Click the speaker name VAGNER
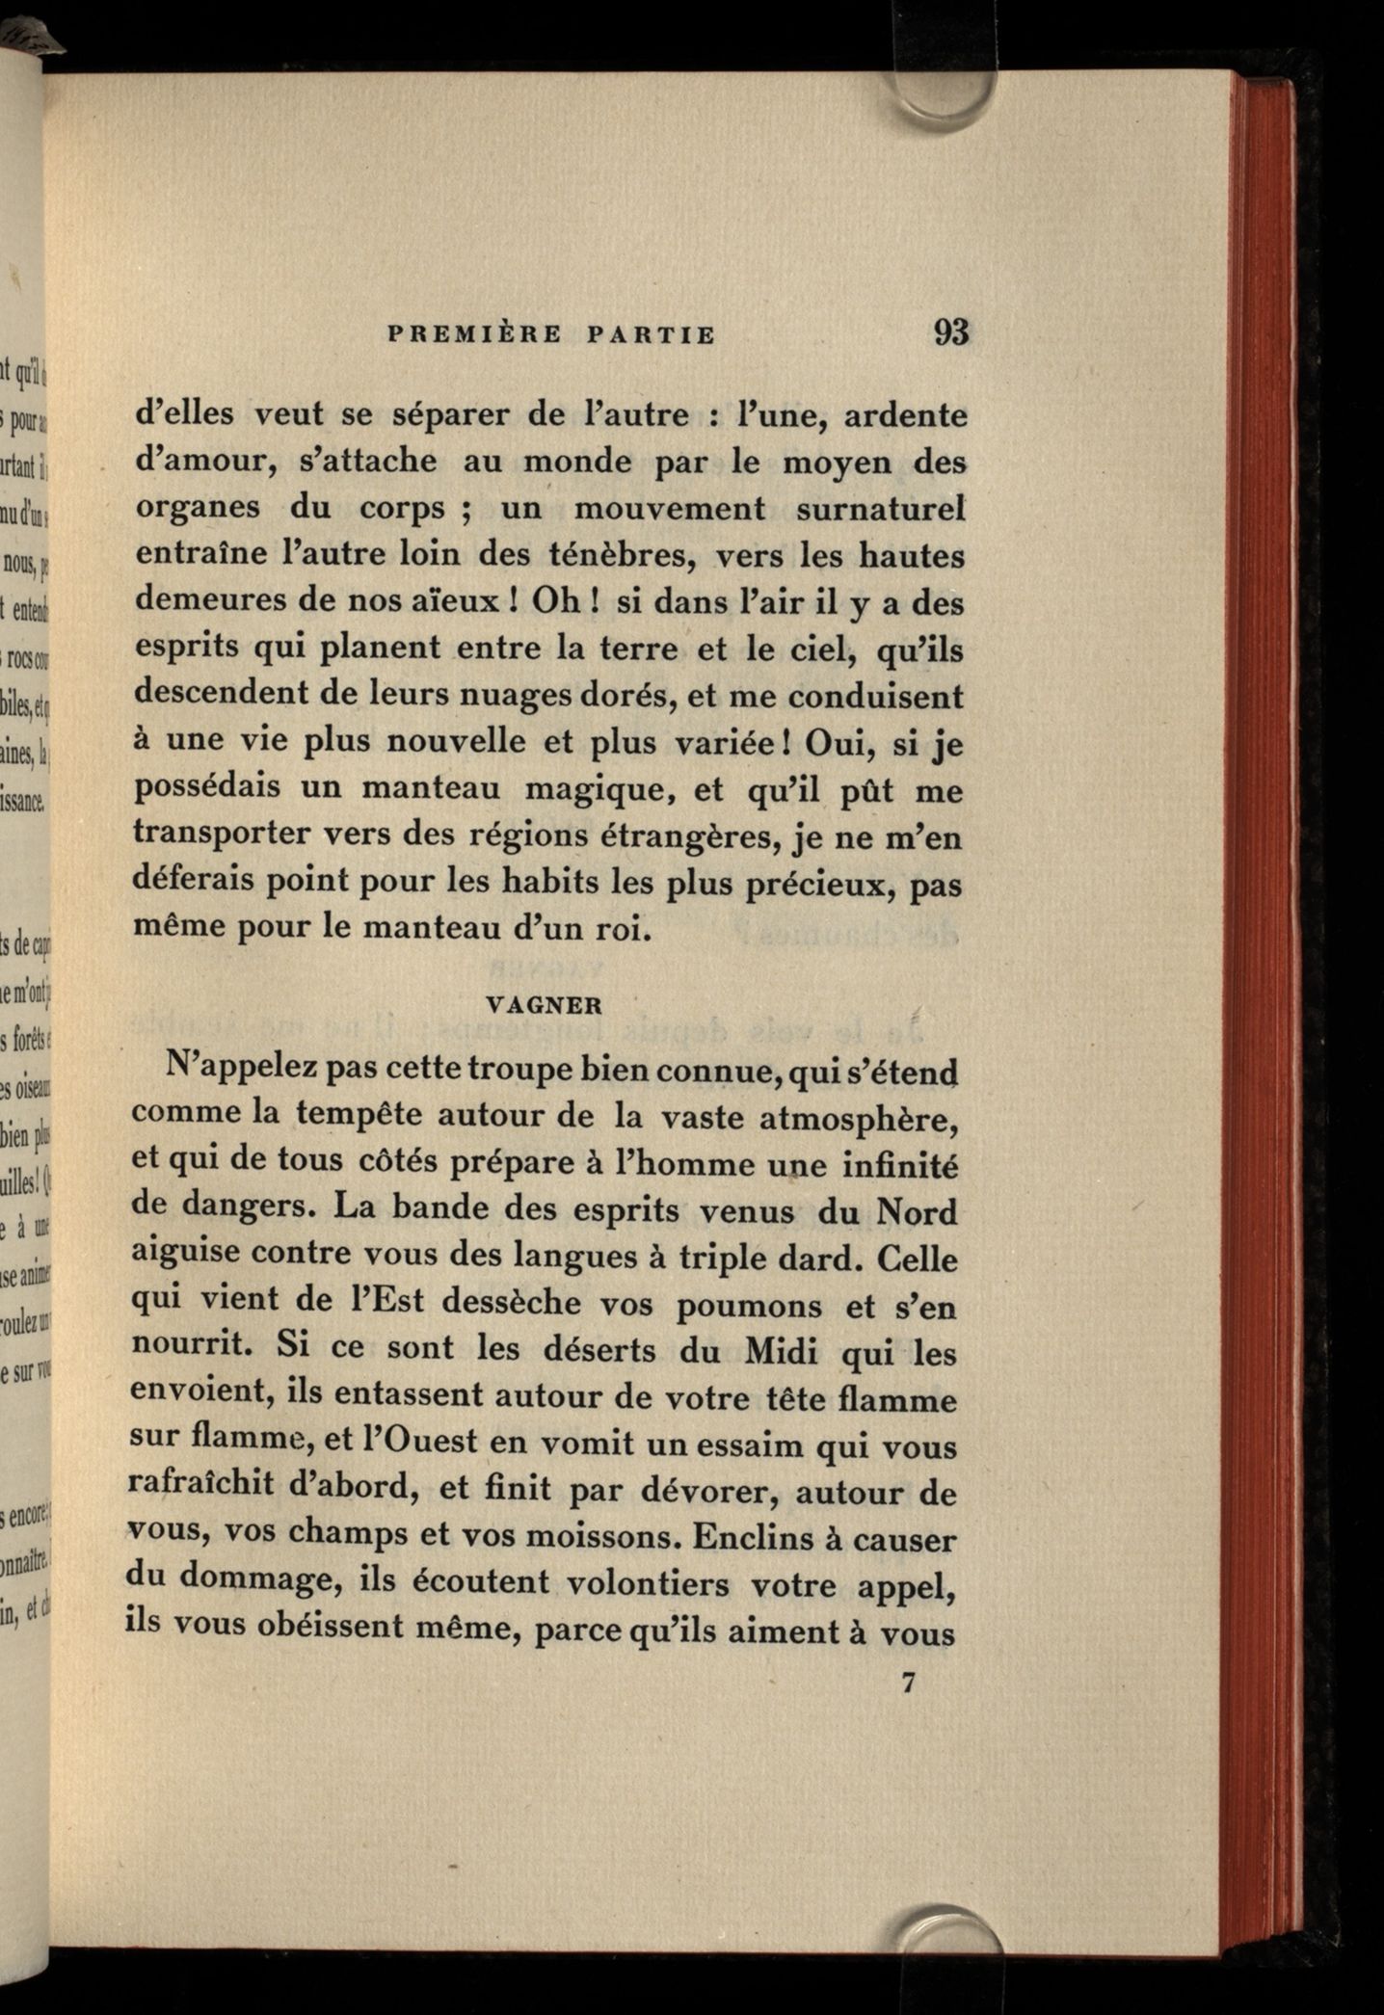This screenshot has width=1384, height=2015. [545, 1005]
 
